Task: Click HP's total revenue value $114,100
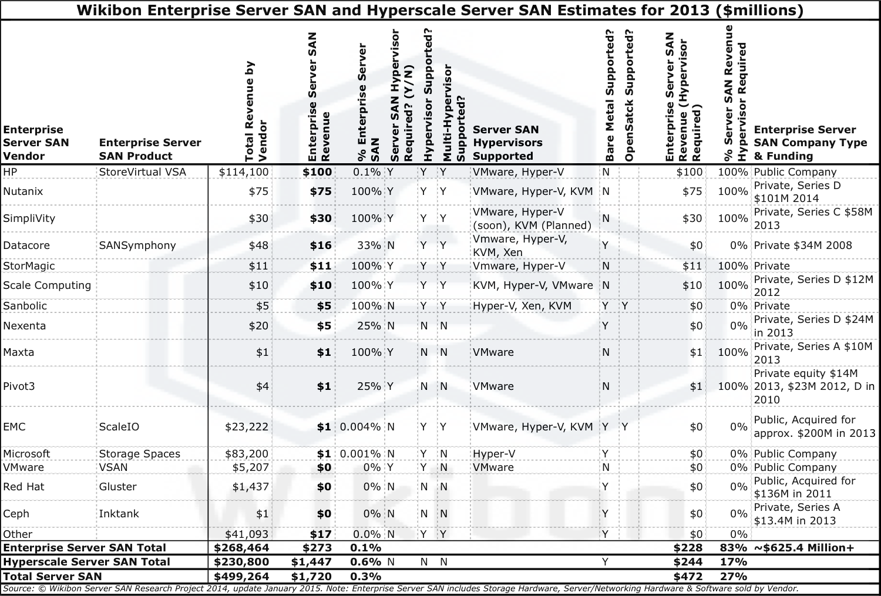pyautogui.click(x=244, y=172)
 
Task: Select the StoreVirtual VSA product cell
pyautogui.click(x=142, y=172)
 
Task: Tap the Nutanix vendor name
pyautogui.click(x=23, y=191)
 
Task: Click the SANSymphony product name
pyautogui.click(x=137, y=245)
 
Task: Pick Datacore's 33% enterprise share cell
pyautogui.click(x=369, y=245)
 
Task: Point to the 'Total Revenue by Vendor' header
pyautogui.click(x=255, y=112)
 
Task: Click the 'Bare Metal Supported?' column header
pyautogui.click(x=610, y=96)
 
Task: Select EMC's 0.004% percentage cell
pyautogui.click(x=361, y=427)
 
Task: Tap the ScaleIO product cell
pyautogui.click(x=119, y=427)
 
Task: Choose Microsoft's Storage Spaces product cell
pyautogui.click(x=140, y=454)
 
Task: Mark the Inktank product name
pyautogui.click(x=119, y=514)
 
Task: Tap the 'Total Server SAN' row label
pyautogui.click(x=52, y=577)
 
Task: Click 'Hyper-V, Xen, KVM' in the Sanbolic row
pyautogui.click(x=522, y=306)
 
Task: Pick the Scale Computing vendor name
pyautogui.click(x=47, y=285)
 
